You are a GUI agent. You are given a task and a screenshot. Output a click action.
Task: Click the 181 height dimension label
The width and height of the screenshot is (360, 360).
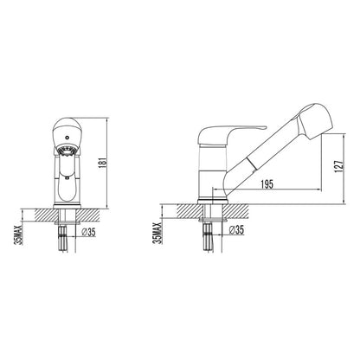point(104,164)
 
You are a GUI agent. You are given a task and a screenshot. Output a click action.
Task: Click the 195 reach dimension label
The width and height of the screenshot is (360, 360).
point(267,184)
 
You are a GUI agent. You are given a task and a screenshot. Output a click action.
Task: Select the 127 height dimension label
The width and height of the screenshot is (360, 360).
point(339,166)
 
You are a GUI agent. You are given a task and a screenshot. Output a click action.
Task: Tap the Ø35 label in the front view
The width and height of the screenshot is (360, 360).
point(88,232)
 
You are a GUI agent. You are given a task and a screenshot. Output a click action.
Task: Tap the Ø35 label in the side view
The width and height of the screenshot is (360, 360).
point(236,230)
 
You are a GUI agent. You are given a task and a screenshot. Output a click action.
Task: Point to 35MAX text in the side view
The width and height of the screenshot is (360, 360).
point(157,234)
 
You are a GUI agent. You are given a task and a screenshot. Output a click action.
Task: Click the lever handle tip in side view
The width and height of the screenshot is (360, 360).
point(265,127)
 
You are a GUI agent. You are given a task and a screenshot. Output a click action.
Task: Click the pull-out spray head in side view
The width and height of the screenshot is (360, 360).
point(316,120)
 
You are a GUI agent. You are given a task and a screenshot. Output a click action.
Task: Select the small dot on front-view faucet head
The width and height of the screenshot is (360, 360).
point(67,138)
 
